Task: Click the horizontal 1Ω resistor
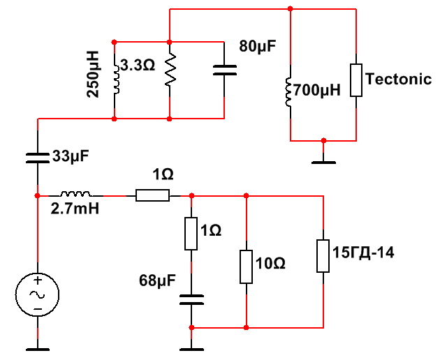click(x=152, y=195)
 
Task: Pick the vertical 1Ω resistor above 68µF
click(x=191, y=234)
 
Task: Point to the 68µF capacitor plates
click(x=191, y=300)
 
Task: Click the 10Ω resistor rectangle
click(x=247, y=265)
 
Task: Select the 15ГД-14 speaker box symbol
click(x=323, y=255)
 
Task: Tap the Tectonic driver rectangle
click(x=356, y=80)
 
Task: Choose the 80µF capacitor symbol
click(x=224, y=70)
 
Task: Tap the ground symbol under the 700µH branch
click(x=323, y=159)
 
